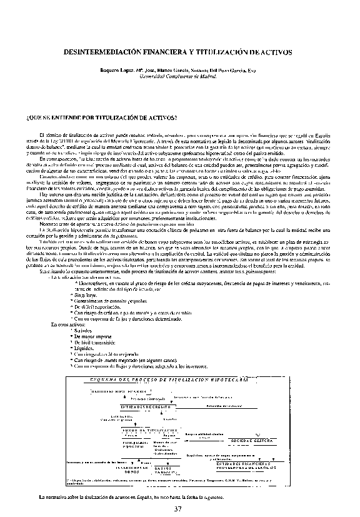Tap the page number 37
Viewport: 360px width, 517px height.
click(x=179, y=508)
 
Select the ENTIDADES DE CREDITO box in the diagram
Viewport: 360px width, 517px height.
click(x=143, y=406)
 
